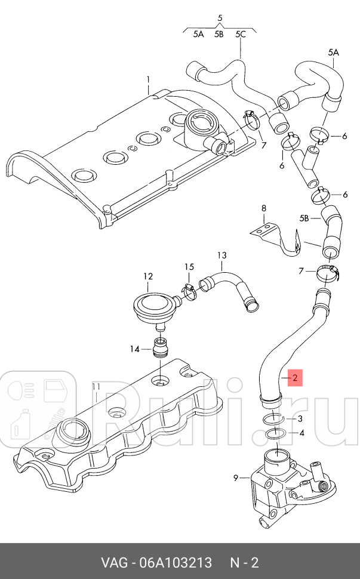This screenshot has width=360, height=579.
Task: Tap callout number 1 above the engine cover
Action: coord(149,79)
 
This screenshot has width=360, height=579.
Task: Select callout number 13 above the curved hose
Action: coord(221,255)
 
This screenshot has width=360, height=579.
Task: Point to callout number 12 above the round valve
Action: coord(148,276)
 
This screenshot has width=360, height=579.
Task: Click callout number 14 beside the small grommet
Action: coord(135,349)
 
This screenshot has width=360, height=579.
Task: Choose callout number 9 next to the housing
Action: coord(236,478)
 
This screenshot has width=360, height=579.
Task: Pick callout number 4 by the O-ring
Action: coord(301,433)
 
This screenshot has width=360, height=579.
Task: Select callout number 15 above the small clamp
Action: coord(189,266)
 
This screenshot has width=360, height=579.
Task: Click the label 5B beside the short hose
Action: coord(304,219)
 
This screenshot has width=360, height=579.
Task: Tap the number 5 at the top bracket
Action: coord(219,19)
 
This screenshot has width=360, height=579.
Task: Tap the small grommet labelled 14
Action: coord(159,346)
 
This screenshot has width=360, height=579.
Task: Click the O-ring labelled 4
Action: coord(275,433)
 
